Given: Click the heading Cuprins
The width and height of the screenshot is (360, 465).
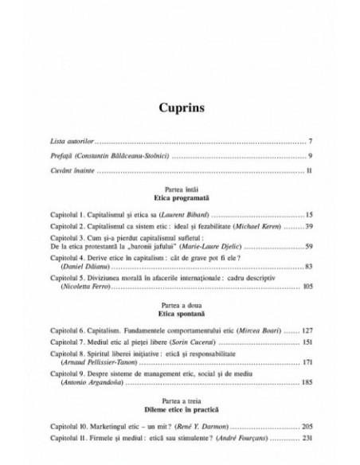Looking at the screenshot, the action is (x=179, y=107).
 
